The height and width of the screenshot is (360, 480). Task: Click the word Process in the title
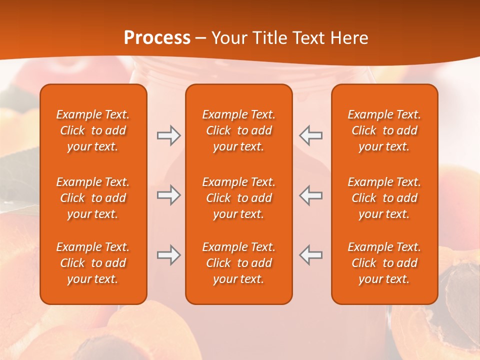(x=157, y=38)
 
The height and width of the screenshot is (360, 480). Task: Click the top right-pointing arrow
(x=168, y=135)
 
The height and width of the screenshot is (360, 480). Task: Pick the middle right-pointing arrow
(x=168, y=195)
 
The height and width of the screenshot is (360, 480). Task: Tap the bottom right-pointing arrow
(x=168, y=255)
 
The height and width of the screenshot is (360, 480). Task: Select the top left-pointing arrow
(x=311, y=135)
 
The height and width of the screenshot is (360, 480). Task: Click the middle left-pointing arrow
(x=311, y=195)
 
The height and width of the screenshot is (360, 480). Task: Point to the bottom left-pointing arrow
(x=311, y=255)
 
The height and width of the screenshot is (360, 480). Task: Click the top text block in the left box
(x=93, y=130)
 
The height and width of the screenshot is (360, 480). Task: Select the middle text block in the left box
(x=93, y=198)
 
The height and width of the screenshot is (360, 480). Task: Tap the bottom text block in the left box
(x=93, y=263)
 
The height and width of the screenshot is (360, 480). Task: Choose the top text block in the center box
(x=238, y=130)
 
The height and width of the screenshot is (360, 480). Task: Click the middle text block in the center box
(x=238, y=198)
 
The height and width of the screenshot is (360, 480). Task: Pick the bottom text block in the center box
(x=238, y=263)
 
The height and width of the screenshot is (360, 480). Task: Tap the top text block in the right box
(x=384, y=130)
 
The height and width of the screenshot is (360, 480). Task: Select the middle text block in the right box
(x=384, y=198)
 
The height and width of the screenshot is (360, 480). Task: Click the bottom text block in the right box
(x=384, y=263)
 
